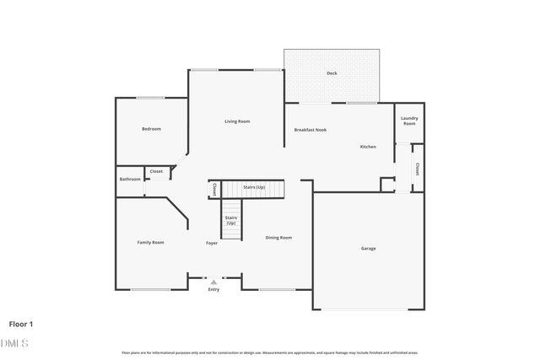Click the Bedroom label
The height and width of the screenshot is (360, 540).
[151, 129]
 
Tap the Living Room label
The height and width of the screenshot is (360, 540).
[237, 121]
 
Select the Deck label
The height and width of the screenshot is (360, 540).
[332, 73]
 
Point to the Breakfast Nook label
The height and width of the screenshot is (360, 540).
[310, 130]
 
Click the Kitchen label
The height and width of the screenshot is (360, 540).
[368, 147]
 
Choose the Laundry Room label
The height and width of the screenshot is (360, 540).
[409, 121]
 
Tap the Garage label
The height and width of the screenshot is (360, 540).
[369, 248]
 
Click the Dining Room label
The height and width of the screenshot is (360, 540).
[278, 238]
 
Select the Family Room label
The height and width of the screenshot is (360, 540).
[151, 242]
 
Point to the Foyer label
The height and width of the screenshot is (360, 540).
[212, 243]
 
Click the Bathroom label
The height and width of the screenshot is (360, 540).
[130, 179]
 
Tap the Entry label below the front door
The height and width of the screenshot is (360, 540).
[213, 289]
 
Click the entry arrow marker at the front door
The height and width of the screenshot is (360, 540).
[213, 282]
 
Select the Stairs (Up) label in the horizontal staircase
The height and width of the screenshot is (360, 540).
[254, 187]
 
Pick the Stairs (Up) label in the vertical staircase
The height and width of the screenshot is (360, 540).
[230, 220]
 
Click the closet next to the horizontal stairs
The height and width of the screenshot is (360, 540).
[214, 189]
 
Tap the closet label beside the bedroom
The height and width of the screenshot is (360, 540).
[156, 171]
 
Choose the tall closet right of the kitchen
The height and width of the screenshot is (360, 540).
[417, 169]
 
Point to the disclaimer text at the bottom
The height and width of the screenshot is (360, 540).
[270, 352]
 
